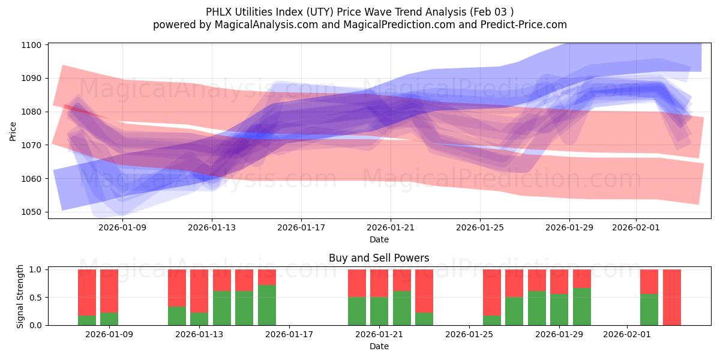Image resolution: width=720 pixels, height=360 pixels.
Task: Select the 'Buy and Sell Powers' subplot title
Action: [379, 259]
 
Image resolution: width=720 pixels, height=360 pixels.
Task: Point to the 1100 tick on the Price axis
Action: [32, 45]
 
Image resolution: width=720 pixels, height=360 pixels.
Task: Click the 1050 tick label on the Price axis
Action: [32, 212]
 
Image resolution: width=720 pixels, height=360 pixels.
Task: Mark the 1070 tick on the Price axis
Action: [32, 145]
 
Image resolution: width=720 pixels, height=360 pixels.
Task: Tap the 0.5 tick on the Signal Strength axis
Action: [36, 298]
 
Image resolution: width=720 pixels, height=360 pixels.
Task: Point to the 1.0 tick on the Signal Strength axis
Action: [36, 270]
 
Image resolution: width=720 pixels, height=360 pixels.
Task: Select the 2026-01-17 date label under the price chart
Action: [301, 228]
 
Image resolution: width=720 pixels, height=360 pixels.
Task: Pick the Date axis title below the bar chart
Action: [379, 346]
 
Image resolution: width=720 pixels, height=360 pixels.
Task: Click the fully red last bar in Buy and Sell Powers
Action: [671, 297]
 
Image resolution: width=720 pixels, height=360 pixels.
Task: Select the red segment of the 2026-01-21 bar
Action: [379, 283]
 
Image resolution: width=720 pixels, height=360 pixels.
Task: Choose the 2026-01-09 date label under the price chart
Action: [122, 228]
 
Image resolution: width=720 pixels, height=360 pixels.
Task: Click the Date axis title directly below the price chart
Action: [379, 239]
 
